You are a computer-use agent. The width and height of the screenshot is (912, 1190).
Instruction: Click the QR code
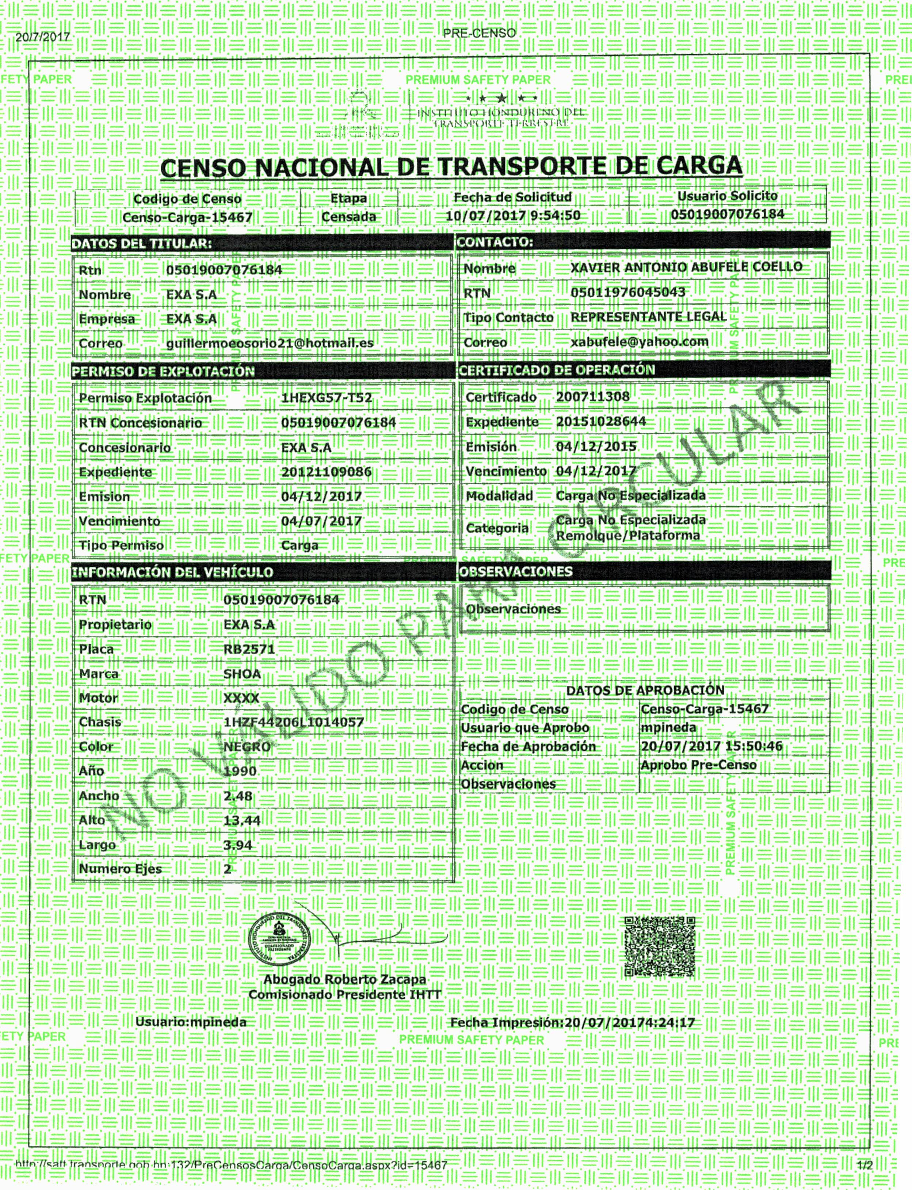[660, 946]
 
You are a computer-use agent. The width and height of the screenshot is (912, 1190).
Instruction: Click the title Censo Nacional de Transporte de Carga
[451, 167]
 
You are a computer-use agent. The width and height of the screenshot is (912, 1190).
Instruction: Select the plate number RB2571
[249, 649]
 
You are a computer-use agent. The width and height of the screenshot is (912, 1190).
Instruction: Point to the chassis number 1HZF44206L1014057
[293, 722]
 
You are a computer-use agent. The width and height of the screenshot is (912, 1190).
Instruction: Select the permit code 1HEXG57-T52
[326, 398]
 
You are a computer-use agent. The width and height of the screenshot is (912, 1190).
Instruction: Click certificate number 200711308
[592, 397]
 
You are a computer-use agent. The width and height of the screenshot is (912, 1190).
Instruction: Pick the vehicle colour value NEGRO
[247, 747]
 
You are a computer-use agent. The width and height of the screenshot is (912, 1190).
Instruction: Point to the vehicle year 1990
[240, 771]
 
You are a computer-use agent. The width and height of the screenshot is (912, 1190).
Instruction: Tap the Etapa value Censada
[348, 217]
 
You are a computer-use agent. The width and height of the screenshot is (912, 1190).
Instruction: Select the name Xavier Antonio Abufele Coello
[686, 267]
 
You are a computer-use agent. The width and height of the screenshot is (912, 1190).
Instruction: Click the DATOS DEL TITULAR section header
[142, 244]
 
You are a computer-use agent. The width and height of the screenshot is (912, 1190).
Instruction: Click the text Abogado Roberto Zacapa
[345, 979]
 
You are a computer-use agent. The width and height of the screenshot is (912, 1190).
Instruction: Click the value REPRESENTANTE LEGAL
[648, 317]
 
